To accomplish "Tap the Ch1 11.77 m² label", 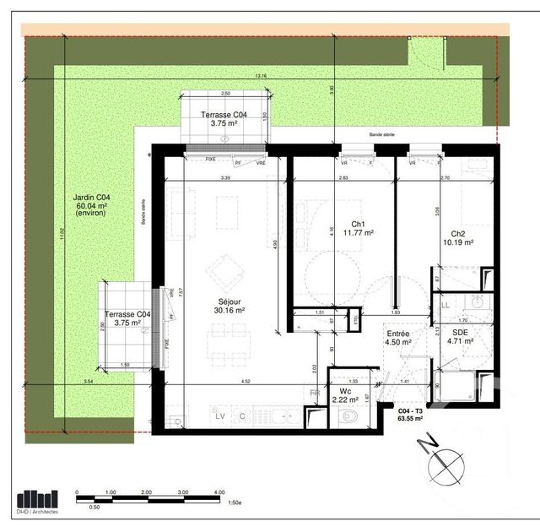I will click(364, 229).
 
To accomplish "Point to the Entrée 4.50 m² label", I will click(397, 338).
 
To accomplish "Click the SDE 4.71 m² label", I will click(462, 338).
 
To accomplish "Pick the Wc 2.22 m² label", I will click(348, 395).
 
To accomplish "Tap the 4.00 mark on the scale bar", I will click(219, 492).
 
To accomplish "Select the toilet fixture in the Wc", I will click(348, 416).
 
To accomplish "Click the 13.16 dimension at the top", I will click(260, 76).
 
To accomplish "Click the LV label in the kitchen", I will click(220, 416).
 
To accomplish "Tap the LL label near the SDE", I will click(445, 304).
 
